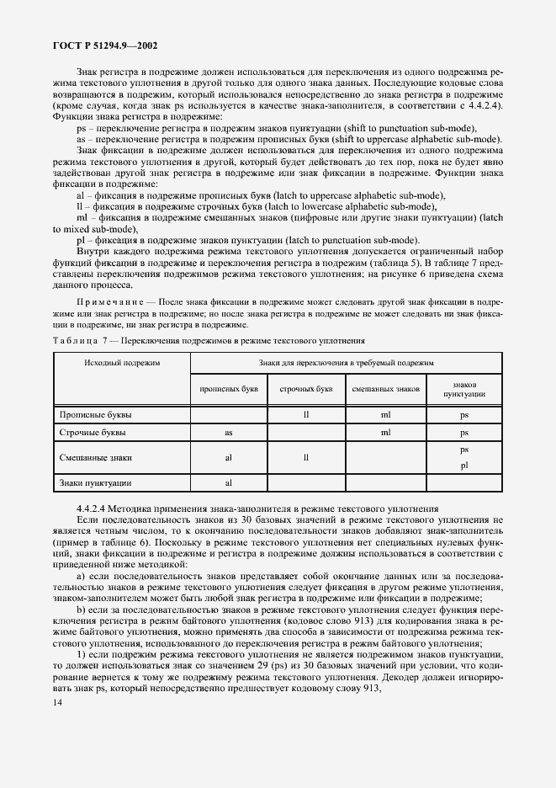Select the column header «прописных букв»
pyautogui.click(x=229, y=389)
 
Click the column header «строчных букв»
pyautogui.click(x=306, y=389)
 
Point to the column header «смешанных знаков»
pyautogui.click(x=385, y=389)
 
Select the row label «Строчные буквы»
pyautogui.click(x=93, y=433)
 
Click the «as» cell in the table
pyautogui.click(x=228, y=433)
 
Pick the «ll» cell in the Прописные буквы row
pyautogui.click(x=306, y=415)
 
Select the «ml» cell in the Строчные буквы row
pyautogui.click(x=385, y=433)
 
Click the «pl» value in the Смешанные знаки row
pyautogui.click(x=463, y=466)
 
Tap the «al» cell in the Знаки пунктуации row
pyautogui.click(x=228, y=483)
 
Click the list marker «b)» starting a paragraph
pyautogui.click(x=81, y=609)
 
